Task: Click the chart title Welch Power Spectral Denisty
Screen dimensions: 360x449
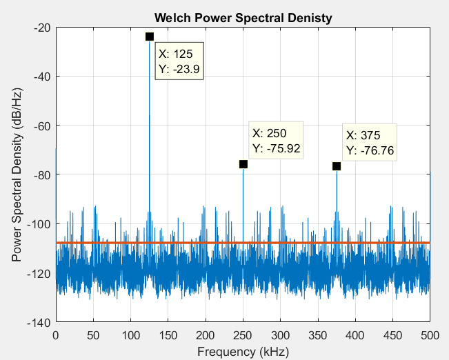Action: click(x=243, y=17)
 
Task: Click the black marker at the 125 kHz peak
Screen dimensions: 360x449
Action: click(x=150, y=37)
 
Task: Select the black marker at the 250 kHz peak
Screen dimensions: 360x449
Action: click(x=243, y=164)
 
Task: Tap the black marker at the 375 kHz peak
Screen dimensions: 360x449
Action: click(x=337, y=166)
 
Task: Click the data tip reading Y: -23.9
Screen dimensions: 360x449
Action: click(x=180, y=62)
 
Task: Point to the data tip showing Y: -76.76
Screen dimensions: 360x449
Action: click(x=370, y=143)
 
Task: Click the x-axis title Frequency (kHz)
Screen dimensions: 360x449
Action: click(x=243, y=351)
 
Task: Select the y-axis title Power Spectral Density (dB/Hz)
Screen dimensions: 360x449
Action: click(x=17, y=175)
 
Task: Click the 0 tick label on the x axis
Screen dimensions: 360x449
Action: click(x=56, y=335)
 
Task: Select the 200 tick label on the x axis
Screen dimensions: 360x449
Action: click(x=206, y=335)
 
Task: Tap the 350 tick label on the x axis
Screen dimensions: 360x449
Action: click(x=318, y=335)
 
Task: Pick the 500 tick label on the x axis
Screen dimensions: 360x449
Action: click(x=430, y=335)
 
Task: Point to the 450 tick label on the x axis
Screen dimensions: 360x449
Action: click(x=392, y=335)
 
